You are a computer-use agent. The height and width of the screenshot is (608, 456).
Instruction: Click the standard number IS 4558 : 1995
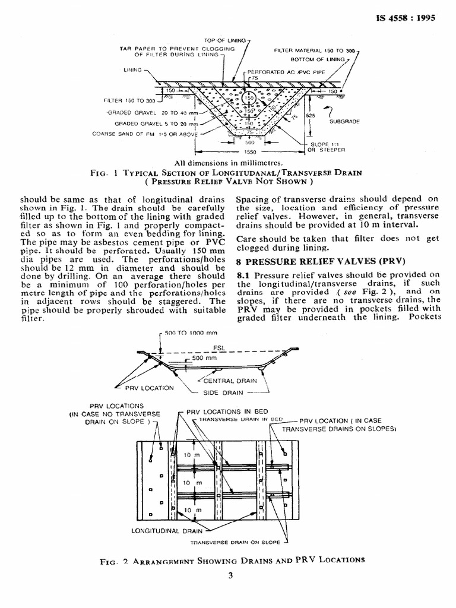tap(406, 17)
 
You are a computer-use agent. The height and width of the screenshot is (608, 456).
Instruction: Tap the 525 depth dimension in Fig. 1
tap(311, 116)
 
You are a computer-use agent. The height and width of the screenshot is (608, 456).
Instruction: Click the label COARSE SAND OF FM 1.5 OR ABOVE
tap(143, 134)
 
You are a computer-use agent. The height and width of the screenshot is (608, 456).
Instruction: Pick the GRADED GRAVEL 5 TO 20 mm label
tap(151, 123)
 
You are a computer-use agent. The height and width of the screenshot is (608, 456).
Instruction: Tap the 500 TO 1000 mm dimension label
tap(190, 333)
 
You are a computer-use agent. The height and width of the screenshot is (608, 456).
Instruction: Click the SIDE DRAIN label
tap(223, 392)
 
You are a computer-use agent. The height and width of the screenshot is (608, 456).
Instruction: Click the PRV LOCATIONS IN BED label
tap(223, 411)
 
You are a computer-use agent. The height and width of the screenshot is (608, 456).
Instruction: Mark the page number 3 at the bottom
tap(230, 575)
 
